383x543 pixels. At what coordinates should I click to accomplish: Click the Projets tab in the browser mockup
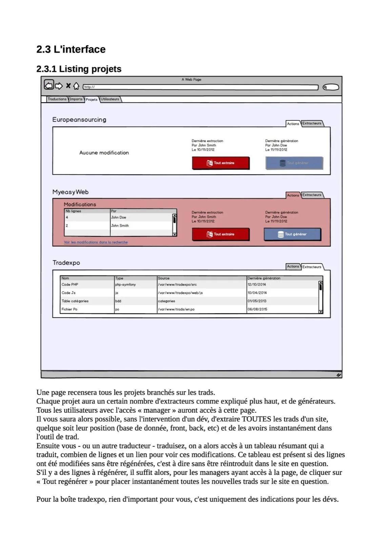[91, 99]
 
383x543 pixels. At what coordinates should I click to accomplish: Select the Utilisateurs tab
[110, 99]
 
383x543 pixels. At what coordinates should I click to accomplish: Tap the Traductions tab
[57, 99]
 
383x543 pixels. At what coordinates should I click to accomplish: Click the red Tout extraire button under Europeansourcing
[221, 163]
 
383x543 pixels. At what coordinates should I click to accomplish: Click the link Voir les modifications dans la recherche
[96, 242]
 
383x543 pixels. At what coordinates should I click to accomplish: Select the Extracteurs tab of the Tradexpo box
[312, 267]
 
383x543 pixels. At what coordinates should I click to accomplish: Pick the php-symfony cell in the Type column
[125, 284]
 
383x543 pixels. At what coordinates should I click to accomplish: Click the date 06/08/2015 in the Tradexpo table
[257, 309]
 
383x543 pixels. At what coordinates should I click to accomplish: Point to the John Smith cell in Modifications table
[120, 225]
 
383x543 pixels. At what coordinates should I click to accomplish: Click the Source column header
[164, 278]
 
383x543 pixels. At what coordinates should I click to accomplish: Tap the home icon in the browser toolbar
[76, 86]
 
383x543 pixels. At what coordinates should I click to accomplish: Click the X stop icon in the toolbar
[68, 86]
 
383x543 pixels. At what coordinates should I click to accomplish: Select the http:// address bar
[200, 87]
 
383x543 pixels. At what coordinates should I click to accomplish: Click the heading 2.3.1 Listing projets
[79, 69]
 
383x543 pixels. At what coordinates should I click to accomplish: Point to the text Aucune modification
[104, 153]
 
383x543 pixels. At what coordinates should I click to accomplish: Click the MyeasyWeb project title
[70, 192]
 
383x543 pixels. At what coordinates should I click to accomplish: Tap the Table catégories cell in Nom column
[75, 301]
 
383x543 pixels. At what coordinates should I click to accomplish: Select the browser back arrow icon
[49, 85]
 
